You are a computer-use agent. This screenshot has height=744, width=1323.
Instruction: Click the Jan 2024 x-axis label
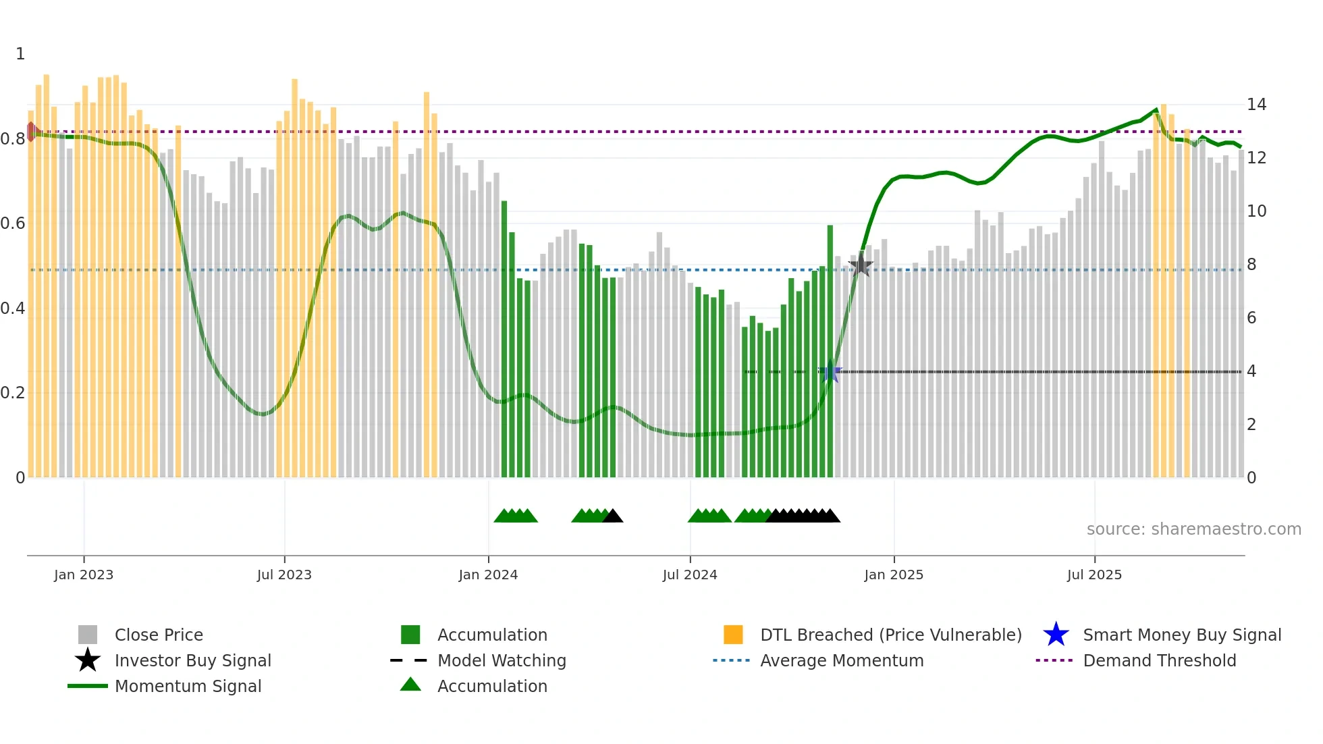tap(488, 575)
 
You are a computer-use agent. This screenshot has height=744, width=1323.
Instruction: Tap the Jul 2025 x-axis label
tap(1094, 575)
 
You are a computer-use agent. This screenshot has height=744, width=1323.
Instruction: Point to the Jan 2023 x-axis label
tap(84, 575)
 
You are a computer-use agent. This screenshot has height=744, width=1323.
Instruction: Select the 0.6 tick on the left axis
tap(13, 223)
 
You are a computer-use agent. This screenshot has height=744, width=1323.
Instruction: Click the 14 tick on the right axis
tap(1256, 105)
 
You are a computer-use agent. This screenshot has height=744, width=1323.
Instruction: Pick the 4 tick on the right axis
tap(1251, 371)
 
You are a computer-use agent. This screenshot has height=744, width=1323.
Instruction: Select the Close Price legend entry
tap(159, 635)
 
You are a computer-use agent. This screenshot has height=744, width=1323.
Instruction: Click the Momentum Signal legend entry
tap(188, 686)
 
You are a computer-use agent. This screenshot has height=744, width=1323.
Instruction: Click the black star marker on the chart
tap(861, 265)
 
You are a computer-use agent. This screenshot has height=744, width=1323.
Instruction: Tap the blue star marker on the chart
tap(830, 371)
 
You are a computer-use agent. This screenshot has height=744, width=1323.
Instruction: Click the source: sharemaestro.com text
tap(1193, 529)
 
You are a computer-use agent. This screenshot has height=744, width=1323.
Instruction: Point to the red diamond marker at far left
tap(31, 132)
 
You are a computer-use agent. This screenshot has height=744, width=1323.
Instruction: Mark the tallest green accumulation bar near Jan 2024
tap(504, 338)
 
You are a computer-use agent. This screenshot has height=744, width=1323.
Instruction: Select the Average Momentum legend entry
tap(841, 660)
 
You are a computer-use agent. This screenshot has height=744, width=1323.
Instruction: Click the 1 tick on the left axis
tap(20, 54)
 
